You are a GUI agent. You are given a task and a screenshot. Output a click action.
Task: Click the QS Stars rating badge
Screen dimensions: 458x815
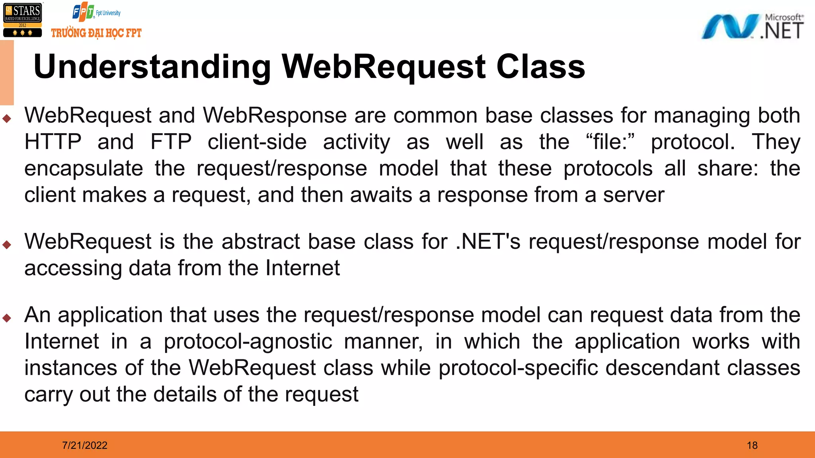(x=22, y=20)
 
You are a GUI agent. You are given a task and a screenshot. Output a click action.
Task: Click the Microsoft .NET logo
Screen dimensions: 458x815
(x=752, y=26)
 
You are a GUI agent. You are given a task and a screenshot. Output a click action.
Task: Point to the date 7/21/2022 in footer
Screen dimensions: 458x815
(x=85, y=445)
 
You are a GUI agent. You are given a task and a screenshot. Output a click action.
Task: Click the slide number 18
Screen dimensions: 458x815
(x=752, y=445)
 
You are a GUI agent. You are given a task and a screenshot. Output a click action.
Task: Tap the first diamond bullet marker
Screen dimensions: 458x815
(x=7, y=118)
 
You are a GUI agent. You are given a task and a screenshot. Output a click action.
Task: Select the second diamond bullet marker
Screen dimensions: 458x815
(x=7, y=245)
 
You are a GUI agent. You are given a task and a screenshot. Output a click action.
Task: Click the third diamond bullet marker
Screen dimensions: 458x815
(x=7, y=318)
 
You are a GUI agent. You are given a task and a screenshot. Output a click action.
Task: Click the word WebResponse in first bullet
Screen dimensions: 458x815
(x=275, y=116)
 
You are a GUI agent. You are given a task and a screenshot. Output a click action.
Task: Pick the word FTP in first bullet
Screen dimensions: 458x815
(x=171, y=142)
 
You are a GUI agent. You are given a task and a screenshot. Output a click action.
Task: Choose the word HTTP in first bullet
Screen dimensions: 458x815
(x=53, y=142)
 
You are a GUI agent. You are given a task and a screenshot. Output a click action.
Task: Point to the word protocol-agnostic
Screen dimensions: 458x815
(x=248, y=342)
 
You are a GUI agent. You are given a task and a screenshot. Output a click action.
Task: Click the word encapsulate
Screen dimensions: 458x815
(x=84, y=169)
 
